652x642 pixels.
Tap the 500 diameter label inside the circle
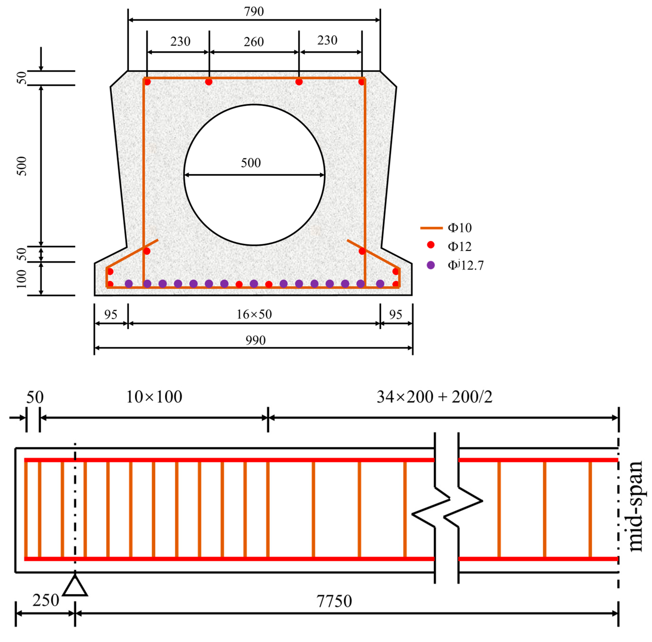(251, 163)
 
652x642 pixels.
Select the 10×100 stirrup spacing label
(154, 397)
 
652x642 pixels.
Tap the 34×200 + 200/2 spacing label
(434, 397)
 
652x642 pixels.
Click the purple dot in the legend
(431, 265)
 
